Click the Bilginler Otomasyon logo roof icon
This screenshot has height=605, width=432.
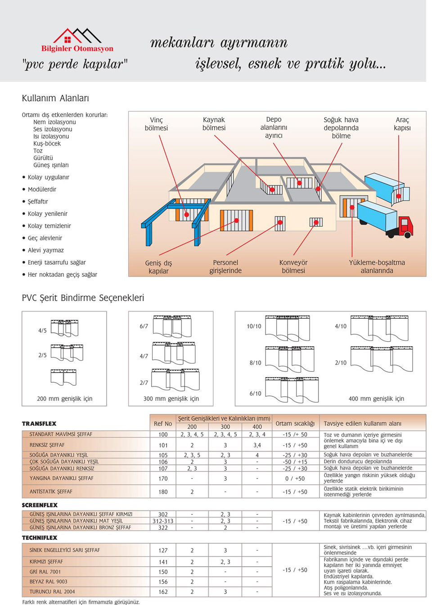(77, 36)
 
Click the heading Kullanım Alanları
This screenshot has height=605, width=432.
(55, 98)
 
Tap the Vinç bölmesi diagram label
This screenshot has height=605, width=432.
(156, 124)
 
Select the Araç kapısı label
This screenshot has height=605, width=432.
(402, 124)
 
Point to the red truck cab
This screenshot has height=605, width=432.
(405, 225)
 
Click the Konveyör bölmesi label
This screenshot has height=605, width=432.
(293, 266)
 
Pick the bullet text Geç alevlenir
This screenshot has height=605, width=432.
(45, 238)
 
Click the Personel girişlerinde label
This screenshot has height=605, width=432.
(225, 266)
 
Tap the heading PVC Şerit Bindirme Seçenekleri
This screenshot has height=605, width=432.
(83, 298)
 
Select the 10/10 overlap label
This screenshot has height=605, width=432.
(254, 326)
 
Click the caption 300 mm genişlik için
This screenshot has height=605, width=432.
(171, 398)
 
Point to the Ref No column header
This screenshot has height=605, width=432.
(163, 424)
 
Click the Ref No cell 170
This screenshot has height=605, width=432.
(163, 479)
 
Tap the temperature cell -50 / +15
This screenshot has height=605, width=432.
(295, 461)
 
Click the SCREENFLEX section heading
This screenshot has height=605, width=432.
(40, 505)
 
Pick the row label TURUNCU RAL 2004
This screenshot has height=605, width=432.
(52, 591)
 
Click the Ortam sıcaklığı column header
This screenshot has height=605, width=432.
(295, 424)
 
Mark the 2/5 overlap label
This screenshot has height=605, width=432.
(42, 355)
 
